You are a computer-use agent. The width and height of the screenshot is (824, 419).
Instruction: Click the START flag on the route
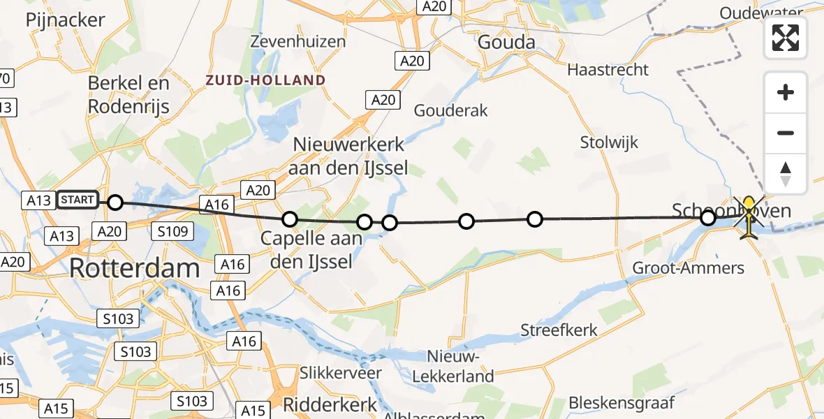78,200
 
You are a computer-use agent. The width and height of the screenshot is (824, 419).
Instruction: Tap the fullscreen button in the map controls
786,38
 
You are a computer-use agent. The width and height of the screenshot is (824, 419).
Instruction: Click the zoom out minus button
786,133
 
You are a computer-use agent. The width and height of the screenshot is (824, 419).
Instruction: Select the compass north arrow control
786,174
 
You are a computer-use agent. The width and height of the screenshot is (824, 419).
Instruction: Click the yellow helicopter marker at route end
749,217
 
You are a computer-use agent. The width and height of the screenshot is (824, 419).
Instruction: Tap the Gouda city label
506,43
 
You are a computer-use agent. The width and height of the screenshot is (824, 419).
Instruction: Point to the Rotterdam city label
135,268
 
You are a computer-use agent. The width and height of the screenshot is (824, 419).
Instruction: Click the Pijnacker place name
65,20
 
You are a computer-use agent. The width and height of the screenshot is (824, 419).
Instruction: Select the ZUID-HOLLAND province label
265,80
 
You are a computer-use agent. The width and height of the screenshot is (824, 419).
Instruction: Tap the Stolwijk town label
609,143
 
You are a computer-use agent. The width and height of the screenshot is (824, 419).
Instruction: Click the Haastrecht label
608,70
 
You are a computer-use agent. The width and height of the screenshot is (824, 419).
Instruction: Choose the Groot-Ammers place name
688,267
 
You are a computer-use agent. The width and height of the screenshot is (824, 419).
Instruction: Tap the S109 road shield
172,230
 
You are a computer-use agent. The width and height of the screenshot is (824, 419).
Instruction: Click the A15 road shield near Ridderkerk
252,410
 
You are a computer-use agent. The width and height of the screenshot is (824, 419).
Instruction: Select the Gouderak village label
450,110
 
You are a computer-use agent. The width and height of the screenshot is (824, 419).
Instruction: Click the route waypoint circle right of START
115,203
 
